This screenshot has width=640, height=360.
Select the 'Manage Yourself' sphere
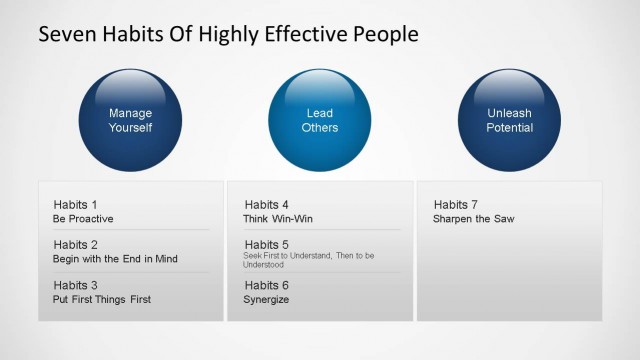130,120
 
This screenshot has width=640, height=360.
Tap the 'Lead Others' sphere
320,120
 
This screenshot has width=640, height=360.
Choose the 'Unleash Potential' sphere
509,120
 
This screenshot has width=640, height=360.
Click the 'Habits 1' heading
75,205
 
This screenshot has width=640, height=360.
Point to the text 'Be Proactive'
83,218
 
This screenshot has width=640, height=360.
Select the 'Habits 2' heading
75,245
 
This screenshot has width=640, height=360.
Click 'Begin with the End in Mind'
115,259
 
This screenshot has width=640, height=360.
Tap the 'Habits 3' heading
75,285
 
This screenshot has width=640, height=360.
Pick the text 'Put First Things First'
102,299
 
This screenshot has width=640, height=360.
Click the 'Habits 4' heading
266,205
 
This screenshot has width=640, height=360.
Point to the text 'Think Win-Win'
278,218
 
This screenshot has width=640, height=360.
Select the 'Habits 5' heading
266,245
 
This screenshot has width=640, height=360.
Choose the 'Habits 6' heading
266,285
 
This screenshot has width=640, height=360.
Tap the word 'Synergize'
266,299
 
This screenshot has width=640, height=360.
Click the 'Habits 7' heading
456,205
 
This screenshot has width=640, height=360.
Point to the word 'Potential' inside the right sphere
509,128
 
